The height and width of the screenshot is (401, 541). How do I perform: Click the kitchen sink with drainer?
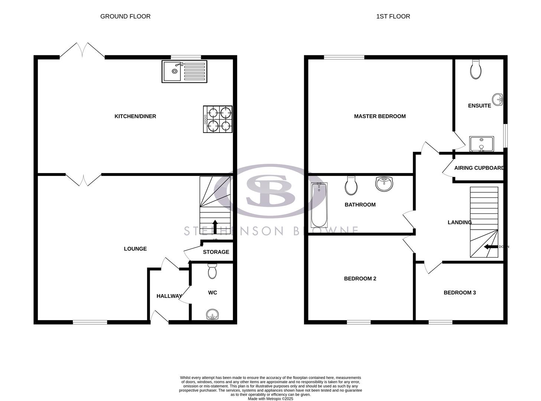185,71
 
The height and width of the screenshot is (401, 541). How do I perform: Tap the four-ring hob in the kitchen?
218,119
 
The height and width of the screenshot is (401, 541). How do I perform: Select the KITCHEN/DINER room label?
135,116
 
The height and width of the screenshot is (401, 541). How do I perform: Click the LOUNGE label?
135,249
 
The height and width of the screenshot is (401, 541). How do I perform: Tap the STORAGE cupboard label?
216,252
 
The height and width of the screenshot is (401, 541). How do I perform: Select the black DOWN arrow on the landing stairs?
491,247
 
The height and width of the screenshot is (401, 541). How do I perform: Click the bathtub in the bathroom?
319,205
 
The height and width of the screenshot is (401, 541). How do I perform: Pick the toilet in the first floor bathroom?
351,185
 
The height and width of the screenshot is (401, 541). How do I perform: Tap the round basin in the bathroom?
384,184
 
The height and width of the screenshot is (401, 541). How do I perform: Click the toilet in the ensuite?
475,69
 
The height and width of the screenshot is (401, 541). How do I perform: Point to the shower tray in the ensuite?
481,144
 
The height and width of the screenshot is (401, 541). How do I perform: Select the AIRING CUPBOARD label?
479,168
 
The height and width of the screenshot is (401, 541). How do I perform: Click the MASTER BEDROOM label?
379,116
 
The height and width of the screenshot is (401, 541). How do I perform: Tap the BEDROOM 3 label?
460,293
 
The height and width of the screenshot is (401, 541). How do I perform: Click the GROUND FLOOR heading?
125,16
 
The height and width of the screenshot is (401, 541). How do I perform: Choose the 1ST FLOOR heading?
393,16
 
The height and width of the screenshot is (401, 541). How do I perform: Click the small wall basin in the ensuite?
498,100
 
